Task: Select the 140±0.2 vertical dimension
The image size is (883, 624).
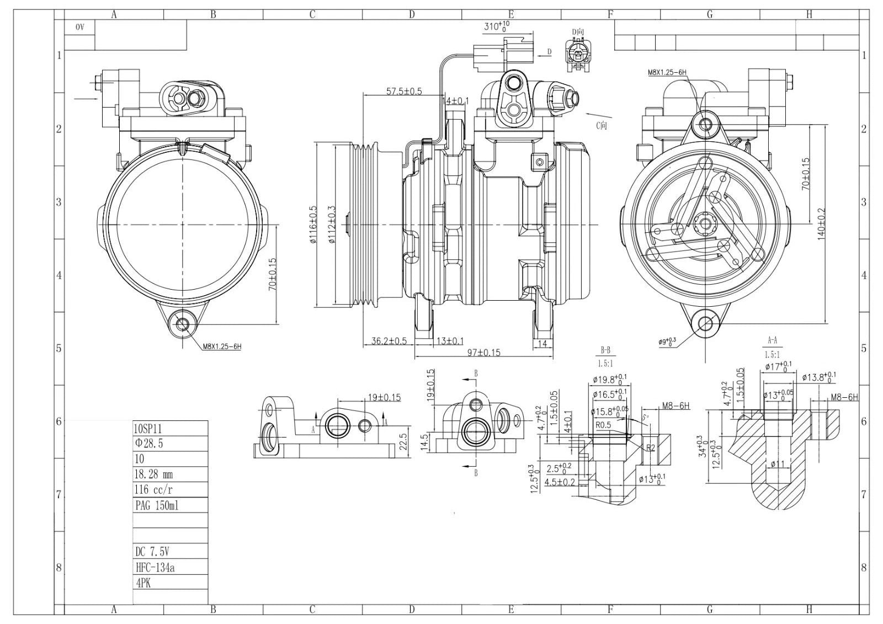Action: click(x=821, y=224)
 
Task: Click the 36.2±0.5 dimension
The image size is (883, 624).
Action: click(x=389, y=341)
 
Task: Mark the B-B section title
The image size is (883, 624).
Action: click(x=605, y=350)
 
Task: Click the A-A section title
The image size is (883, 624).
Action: click(x=772, y=340)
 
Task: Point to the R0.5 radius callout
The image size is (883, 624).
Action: click(x=603, y=425)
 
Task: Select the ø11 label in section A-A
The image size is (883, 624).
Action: click(x=777, y=464)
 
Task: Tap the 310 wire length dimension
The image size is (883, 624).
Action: click(x=496, y=26)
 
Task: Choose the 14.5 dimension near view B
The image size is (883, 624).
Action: click(x=425, y=441)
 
